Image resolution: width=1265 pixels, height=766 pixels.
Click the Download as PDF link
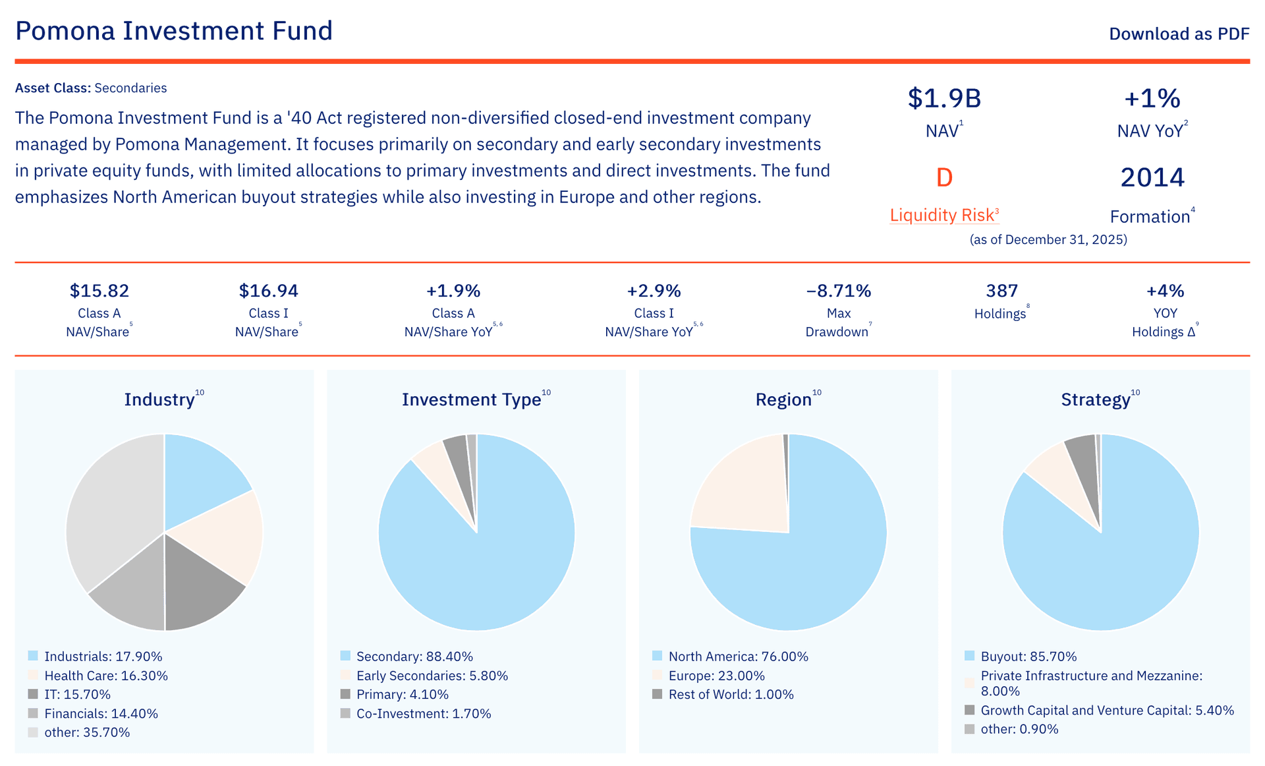point(1179,34)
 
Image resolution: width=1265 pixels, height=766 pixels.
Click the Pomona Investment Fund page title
point(174,31)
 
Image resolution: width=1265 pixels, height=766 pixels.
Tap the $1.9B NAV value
point(944,98)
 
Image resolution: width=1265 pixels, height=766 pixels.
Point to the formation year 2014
point(1152,177)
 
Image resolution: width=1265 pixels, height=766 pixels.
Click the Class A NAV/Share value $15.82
point(99,291)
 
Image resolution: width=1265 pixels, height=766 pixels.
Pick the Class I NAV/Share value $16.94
point(268,291)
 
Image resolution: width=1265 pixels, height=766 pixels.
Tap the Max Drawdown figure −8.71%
point(838,291)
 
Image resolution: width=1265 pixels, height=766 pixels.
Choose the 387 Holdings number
point(1001,291)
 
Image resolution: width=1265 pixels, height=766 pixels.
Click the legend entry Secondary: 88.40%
point(414,657)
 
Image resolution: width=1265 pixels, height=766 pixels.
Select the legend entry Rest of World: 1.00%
point(731,695)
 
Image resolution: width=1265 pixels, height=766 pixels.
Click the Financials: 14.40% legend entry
point(101,714)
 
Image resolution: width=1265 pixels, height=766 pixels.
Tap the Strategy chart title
point(1095,400)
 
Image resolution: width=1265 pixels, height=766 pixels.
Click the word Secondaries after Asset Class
point(130,88)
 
